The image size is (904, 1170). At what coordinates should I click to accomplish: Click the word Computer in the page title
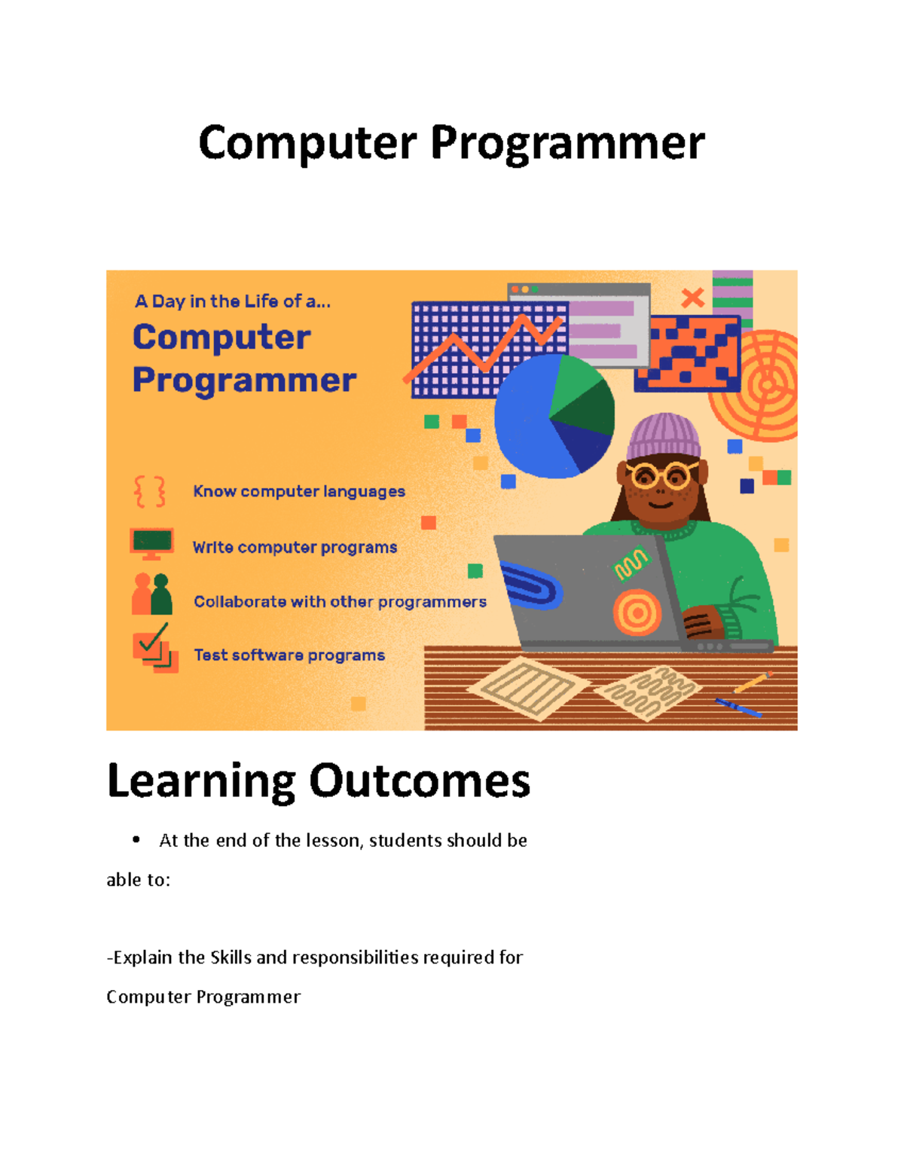(x=307, y=143)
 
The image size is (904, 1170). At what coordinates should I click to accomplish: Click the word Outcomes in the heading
(x=420, y=781)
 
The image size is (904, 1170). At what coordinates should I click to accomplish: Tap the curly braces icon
(x=150, y=492)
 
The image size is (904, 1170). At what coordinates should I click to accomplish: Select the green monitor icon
(x=151, y=542)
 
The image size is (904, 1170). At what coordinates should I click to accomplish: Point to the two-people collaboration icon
(x=151, y=594)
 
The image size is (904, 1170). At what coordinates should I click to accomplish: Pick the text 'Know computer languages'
(x=299, y=492)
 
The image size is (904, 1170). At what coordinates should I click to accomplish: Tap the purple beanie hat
(x=663, y=435)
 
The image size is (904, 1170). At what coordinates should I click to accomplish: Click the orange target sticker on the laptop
(x=637, y=612)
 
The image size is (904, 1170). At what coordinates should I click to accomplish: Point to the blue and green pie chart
(x=554, y=417)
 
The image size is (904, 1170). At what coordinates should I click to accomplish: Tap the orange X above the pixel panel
(x=692, y=298)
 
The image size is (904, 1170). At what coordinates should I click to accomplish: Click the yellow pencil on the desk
(x=753, y=681)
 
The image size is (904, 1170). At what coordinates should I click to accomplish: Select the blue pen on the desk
(x=738, y=707)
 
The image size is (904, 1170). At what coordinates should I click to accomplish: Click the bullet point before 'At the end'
(x=136, y=839)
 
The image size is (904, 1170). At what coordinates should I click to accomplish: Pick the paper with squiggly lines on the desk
(x=648, y=692)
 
